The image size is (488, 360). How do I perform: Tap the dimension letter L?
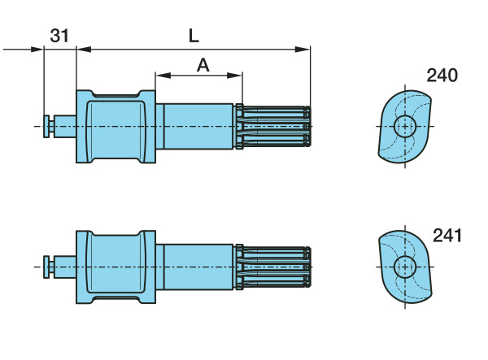pos(194,36)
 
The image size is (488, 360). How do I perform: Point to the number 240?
pos(442,76)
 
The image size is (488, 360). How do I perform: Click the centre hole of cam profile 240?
pos(404,126)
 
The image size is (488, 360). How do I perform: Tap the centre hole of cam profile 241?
pos(404,267)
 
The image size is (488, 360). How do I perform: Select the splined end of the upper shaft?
pos(273,126)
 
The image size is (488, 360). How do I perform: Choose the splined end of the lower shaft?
pos(273,267)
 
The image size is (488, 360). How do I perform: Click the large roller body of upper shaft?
pos(115,126)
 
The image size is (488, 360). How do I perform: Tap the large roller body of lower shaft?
pos(115,267)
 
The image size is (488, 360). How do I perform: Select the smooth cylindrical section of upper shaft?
pos(195,126)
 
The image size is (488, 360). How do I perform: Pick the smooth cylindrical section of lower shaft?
pos(195,267)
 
